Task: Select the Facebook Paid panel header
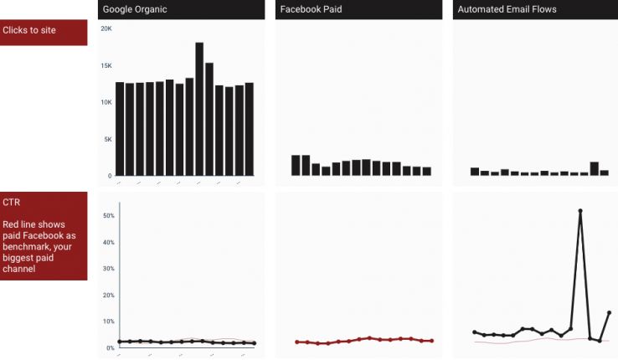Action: [x=312, y=9]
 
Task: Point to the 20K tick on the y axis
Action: [x=106, y=28]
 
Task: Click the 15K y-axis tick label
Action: [x=106, y=65]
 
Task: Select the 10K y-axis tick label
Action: [x=106, y=102]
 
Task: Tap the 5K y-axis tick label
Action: [x=107, y=139]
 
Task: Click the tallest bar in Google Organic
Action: [x=199, y=109]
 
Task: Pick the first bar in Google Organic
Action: [x=120, y=129]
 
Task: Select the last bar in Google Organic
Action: [x=249, y=129]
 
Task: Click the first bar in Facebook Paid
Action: [x=296, y=165]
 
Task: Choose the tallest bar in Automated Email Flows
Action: [x=594, y=168]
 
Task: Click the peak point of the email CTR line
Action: [x=579, y=211]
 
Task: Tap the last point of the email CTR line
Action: [x=609, y=312]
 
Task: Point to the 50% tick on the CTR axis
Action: [x=108, y=216]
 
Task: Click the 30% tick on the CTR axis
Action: [x=108, y=269]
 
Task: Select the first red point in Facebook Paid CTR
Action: [x=296, y=342]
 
